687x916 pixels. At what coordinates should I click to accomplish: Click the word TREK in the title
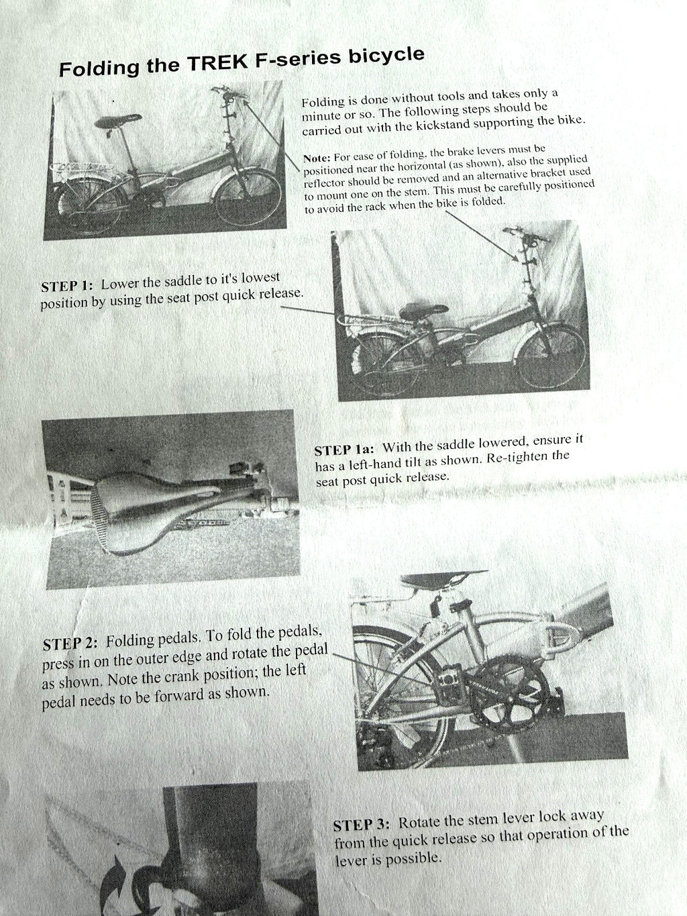pos(217,62)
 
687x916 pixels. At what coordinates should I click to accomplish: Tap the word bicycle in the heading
pos(386,55)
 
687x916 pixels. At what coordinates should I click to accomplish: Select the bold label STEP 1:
pos(68,286)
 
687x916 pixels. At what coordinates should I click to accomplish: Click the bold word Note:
pos(317,158)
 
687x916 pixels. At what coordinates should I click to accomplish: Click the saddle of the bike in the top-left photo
pos(117,121)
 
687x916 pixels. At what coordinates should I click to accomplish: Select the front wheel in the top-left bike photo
pos(248,197)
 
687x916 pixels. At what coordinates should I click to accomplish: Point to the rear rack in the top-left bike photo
pos(81,168)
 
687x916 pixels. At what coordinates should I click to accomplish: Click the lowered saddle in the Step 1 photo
pos(423,311)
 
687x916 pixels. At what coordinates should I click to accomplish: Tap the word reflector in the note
pos(323,183)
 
